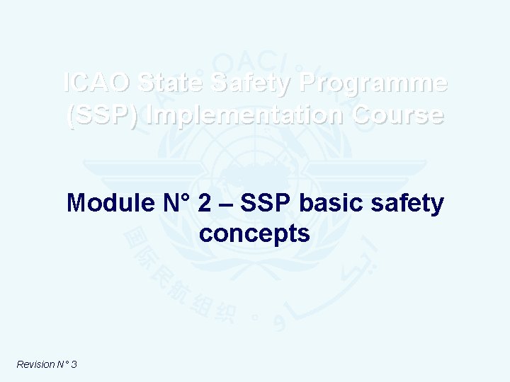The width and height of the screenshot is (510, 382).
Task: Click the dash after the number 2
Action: click(x=225, y=204)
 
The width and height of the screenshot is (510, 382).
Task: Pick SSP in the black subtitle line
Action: click(x=266, y=204)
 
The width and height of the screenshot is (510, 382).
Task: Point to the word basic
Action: click(x=332, y=204)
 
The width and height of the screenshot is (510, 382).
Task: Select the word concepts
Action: click(x=255, y=233)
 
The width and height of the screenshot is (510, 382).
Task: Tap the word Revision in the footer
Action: click(x=35, y=364)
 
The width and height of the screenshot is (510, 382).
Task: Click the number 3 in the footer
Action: click(x=74, y=364)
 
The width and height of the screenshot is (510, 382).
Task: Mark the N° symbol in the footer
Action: click(x=62, y=364)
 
